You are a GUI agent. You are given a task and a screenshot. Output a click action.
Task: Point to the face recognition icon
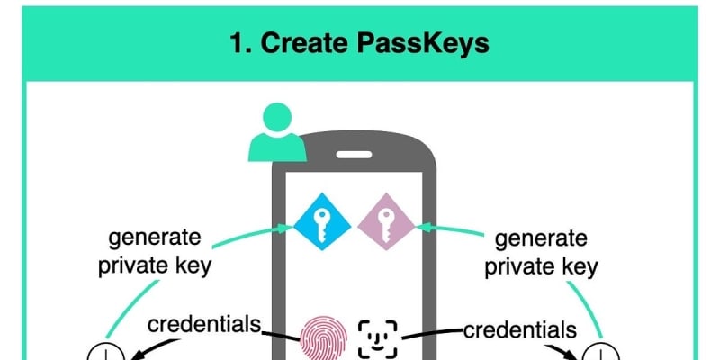[x=378, y=337]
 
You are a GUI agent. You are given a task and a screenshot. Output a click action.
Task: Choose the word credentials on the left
[x=203, y=324]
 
